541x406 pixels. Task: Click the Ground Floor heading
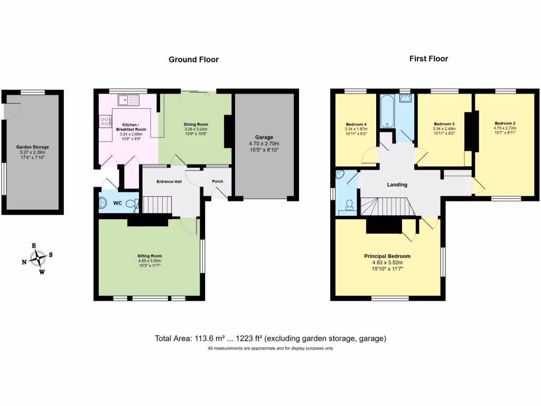point(193,60)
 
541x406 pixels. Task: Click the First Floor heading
point(428,59)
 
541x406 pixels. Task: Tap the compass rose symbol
point(38,259)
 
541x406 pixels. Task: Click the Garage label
point(264,137)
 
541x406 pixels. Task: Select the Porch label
point(217,181)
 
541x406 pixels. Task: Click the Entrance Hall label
point(170,181)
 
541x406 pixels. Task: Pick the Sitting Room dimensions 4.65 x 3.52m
point(148,261)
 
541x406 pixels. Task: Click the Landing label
point(397,184)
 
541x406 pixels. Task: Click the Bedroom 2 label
point(505,123)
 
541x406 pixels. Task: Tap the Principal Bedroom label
point(387,256)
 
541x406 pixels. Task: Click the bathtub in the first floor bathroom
point(387,111)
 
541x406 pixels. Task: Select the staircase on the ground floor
point(158,204)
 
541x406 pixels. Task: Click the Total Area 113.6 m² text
point(209,338)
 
